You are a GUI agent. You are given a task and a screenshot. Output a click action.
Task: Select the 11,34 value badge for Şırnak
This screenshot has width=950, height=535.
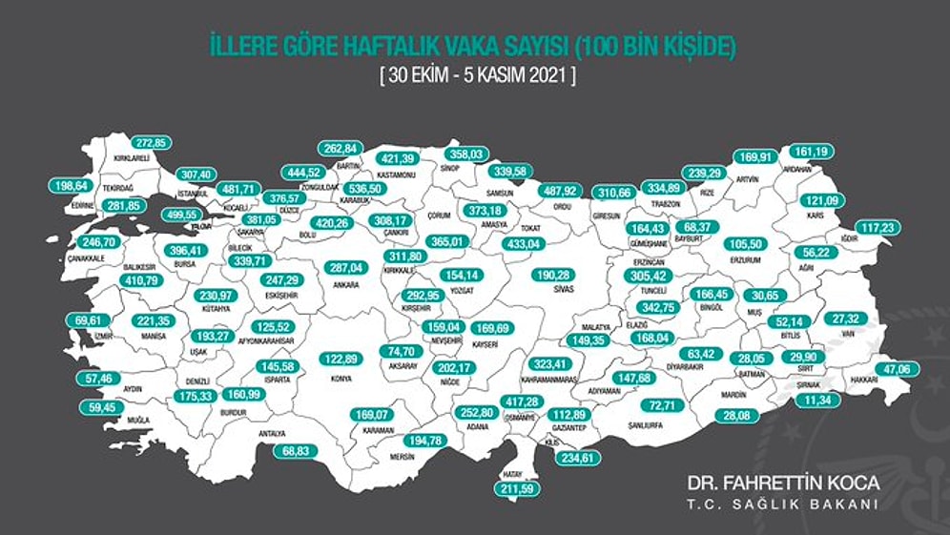pyautogui.click(x=817, y=401)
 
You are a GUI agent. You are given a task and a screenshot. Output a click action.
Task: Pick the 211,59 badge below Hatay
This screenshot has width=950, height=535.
pyautogui.click(x=516, y=490)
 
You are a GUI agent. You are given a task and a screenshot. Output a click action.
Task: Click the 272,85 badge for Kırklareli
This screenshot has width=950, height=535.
pyautogui.click(x=149, y=143)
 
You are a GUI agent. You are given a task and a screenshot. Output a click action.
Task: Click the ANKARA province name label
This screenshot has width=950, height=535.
pyautogui.click(x=346, y=284)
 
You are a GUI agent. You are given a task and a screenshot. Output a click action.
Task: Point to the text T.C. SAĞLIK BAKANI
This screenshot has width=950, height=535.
pyautogui.click(x=784, y=505)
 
